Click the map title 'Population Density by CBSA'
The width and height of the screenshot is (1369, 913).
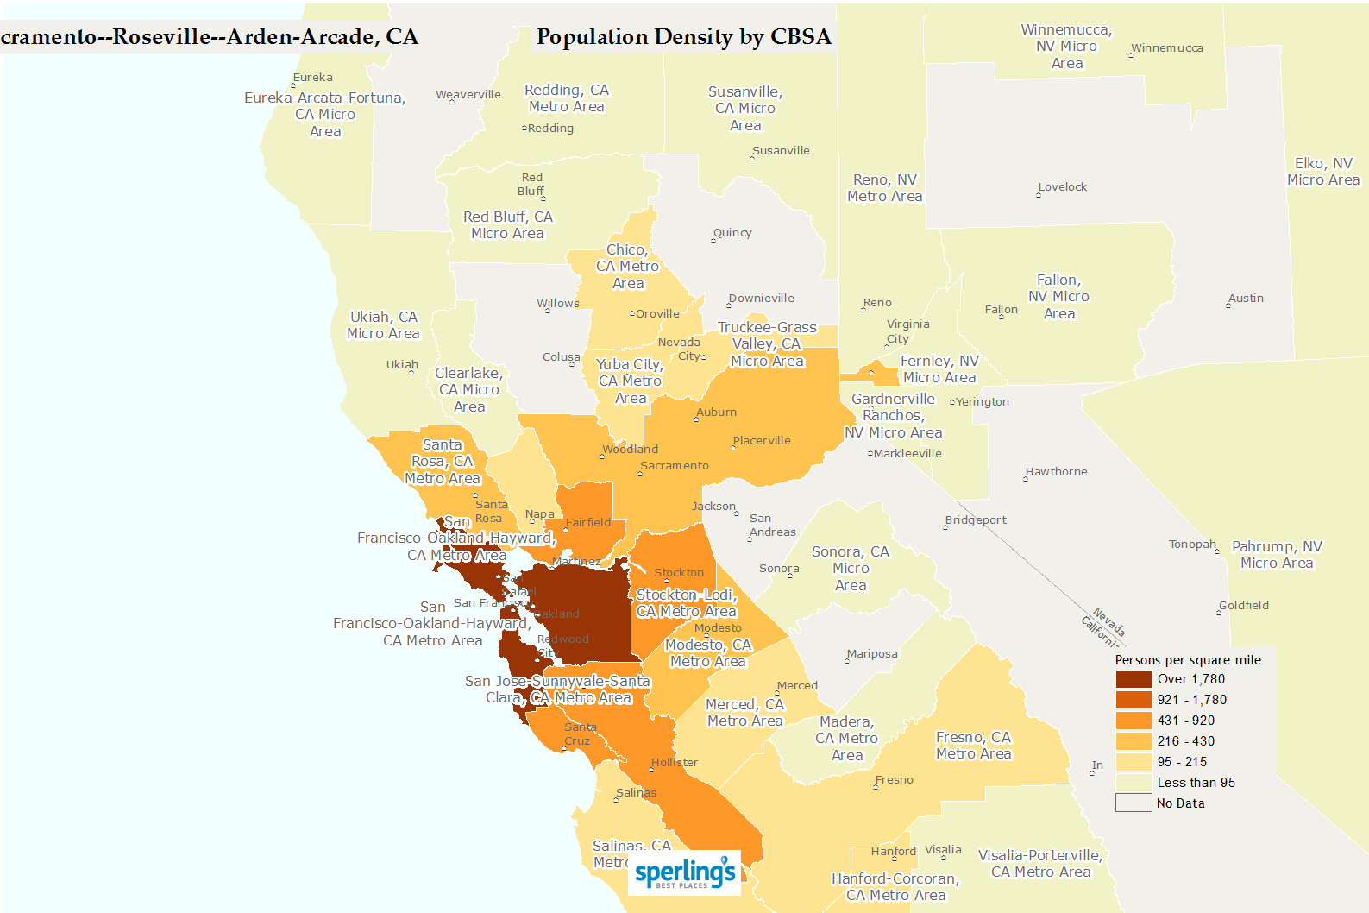pos(683,37)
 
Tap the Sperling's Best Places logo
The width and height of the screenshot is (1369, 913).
pos(685,873)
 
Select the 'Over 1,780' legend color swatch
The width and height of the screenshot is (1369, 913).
pos(1134,679)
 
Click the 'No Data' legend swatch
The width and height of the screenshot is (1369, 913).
pos(1134,803)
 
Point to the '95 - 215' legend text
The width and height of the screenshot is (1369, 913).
pos(1182,762)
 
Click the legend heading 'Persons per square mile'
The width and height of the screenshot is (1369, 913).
pos(1187,660)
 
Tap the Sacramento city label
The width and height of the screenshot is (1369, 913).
pos(675,466)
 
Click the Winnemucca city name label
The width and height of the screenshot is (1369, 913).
pos(1167,48)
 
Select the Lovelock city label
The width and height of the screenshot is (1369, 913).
pos(1063,187)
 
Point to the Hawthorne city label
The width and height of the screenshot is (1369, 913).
pos(1057,472)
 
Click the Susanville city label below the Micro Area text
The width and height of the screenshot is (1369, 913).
pos(781,151)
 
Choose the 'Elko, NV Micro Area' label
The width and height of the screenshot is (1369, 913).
pos(1323,172)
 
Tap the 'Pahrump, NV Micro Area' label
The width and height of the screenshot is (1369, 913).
pos(1277,555)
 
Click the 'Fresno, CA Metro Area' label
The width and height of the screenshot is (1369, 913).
pos(973,746)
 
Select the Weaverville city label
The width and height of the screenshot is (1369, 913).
pos(468,95)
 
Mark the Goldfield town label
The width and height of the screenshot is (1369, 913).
pos(1244,606)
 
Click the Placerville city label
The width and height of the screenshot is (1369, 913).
pos(762,441)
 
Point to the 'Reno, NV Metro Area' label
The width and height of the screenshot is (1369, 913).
pos(884,188)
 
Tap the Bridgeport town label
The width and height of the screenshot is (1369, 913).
pos(976,520)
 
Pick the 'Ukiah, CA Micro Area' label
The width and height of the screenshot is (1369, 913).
pos(383,325)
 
